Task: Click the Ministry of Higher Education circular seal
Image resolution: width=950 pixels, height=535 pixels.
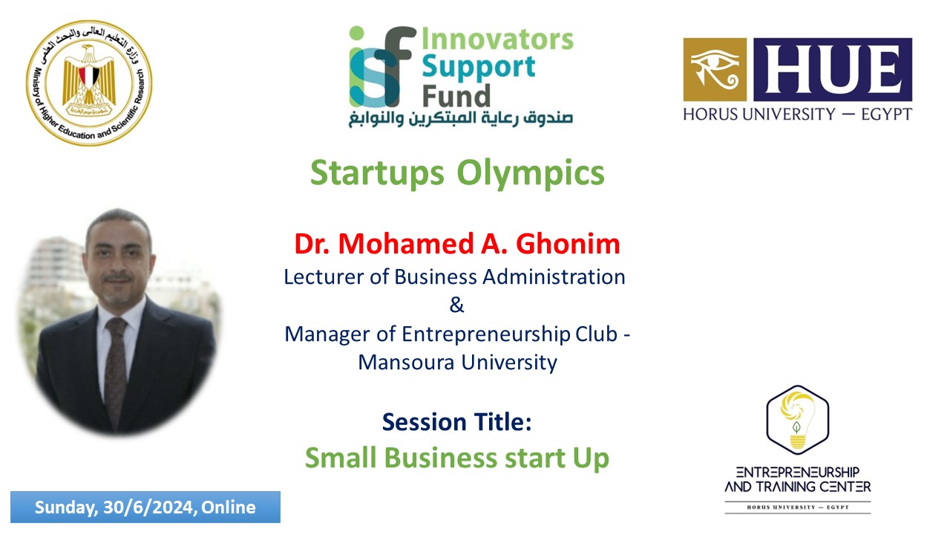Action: point(89,83)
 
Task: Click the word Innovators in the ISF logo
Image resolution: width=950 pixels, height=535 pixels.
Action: point(497,39)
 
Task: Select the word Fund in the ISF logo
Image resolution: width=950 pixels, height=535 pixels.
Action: point(456,96)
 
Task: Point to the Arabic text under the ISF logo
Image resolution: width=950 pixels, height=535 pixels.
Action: point(461,118)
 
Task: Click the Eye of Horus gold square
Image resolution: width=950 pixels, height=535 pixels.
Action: point(715,70)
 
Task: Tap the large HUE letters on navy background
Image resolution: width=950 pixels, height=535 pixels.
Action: point(833,70)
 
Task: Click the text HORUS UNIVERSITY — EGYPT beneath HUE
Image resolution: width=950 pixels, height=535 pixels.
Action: point(797,114)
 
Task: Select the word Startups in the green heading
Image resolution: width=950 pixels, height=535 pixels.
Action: point(377,173)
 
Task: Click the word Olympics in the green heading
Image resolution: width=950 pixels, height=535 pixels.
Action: point(531,173)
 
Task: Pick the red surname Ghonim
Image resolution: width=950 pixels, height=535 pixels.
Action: point(568,244)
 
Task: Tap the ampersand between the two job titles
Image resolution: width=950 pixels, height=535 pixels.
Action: point(456,305)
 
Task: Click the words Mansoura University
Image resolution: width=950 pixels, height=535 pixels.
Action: point(458,363)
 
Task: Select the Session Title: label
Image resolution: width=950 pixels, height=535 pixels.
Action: point(456,422)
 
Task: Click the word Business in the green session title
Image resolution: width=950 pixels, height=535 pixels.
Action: point(441,458)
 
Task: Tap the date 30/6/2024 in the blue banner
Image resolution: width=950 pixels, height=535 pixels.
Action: point(148,508)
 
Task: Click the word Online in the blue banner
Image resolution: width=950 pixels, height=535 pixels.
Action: point(228,508)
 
